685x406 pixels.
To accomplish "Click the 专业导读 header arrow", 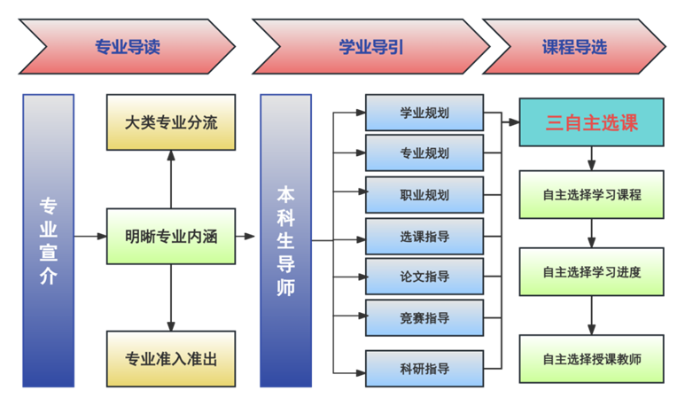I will (x=127, y=47).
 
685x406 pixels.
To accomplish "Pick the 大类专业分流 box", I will (x=171, y=122).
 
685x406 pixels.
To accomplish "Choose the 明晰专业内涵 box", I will (x=171, y=237).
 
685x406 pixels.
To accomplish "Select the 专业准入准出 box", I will (x=171, y=359).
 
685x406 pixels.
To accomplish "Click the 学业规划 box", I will (x=424, y=113).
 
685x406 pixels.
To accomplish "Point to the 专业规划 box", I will (x=424, y=153).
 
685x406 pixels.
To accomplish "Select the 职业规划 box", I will (x=424, y=195).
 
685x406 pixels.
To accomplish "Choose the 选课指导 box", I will (x=424, y=237).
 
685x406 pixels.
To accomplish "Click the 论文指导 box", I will (x=424, y=277).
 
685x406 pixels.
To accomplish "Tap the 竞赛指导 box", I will (x=424, y=318).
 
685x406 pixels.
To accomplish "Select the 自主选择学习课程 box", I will (x=591, y=195).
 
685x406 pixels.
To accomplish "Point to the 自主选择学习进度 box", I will (x=591, y=272).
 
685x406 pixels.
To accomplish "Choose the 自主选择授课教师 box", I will (x=591, y=359).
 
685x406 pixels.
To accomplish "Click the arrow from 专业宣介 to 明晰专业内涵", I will (x=90, y=237).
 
